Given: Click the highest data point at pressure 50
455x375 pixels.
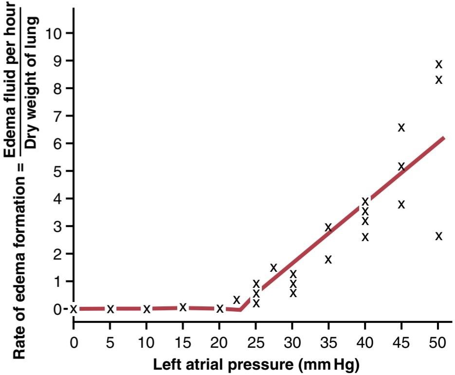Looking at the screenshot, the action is pyautogui.click(x=439, y=64).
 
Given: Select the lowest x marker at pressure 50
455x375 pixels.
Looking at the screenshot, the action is pyautogui.click(x=439, y=236).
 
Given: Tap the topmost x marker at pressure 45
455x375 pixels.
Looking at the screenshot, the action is pyautogui.click(x=401, y=127).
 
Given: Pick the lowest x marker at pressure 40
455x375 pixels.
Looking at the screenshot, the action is pyautogui.click(x=365, y=237).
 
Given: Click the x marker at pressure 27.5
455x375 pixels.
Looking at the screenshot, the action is pyautogui.click(x=273, y=267).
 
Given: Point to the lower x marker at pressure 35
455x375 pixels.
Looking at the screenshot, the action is pyautogui.click(x=328, y=259).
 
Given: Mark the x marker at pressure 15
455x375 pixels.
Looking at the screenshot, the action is pyautogui.click(x=182, y=307).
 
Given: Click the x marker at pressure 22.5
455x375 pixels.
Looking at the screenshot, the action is pyautogui.click(x=237, y=300).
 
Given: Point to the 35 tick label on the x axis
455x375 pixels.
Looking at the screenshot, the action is pyautogui.click(x=328, y=343).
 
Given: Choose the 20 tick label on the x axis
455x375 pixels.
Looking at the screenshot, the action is pyautogui.click(x=219, y=343).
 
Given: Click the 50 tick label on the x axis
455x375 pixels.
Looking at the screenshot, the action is pyautogui.click(x=437, y=343).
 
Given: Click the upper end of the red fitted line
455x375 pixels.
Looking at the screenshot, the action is pyautogui.click(x=444, y=138).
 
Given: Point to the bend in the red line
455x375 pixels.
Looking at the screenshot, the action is pyautogui.click(x=240, y=310).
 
